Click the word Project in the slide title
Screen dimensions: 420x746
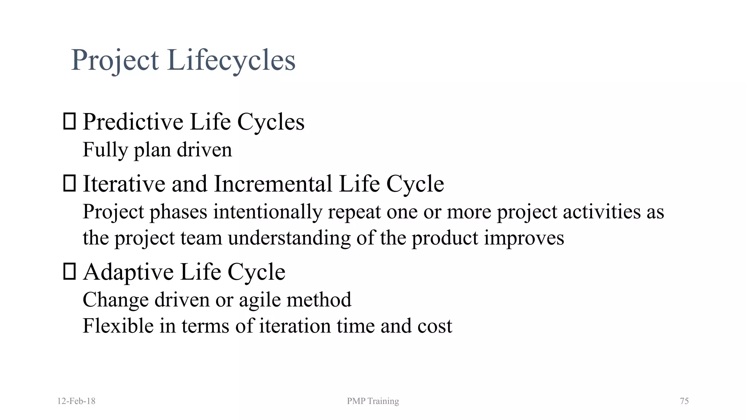point(115,60)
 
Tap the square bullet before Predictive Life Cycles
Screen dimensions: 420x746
point(69,121)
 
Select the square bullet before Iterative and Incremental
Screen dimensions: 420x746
point(69,183)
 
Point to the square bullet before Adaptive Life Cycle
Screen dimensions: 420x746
point(69,272)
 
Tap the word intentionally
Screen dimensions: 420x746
point(267,212)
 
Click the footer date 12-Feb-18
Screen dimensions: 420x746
point(76,401)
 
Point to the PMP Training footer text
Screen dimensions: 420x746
point(373,401)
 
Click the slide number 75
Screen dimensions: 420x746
point(684,401)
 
